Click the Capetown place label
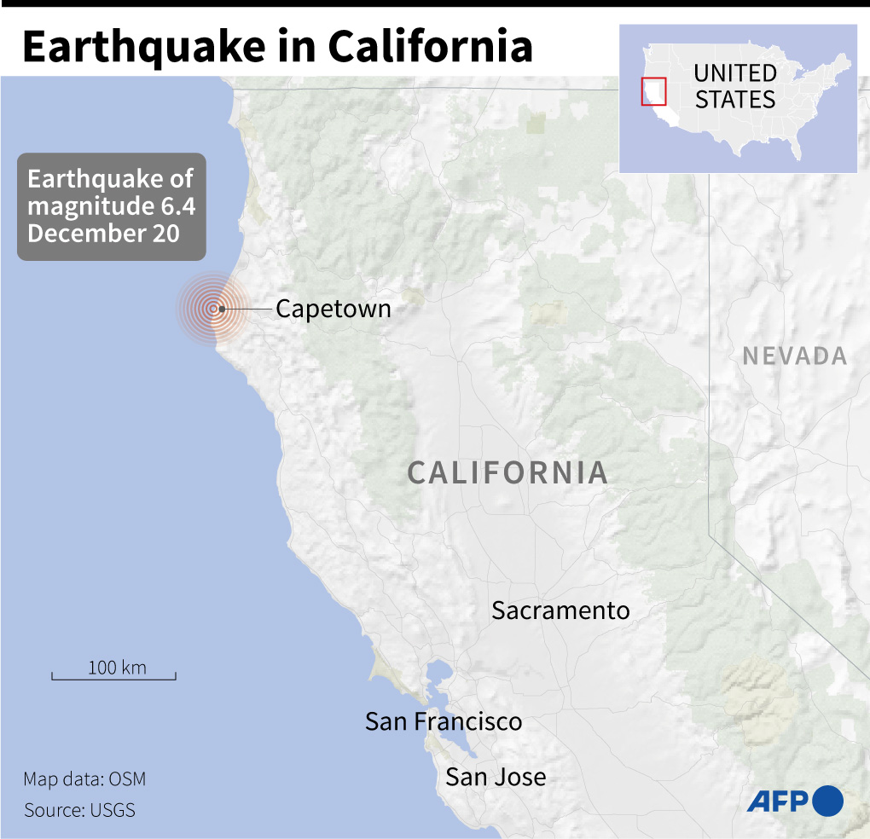pos(333,309)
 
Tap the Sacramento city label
pos(560,610)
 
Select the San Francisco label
pos(444,721)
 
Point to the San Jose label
pos(496,777)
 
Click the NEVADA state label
pos(794,356)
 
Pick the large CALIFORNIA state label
pos(507,472)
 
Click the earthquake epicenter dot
pos(221,309)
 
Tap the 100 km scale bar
pos(114,678)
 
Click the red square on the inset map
pos(653,90)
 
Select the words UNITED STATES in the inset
pos(734,86)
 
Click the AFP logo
pos(778,801)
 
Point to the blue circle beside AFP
pos(827,801)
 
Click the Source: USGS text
pos(79,810)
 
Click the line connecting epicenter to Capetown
pos(247,309)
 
